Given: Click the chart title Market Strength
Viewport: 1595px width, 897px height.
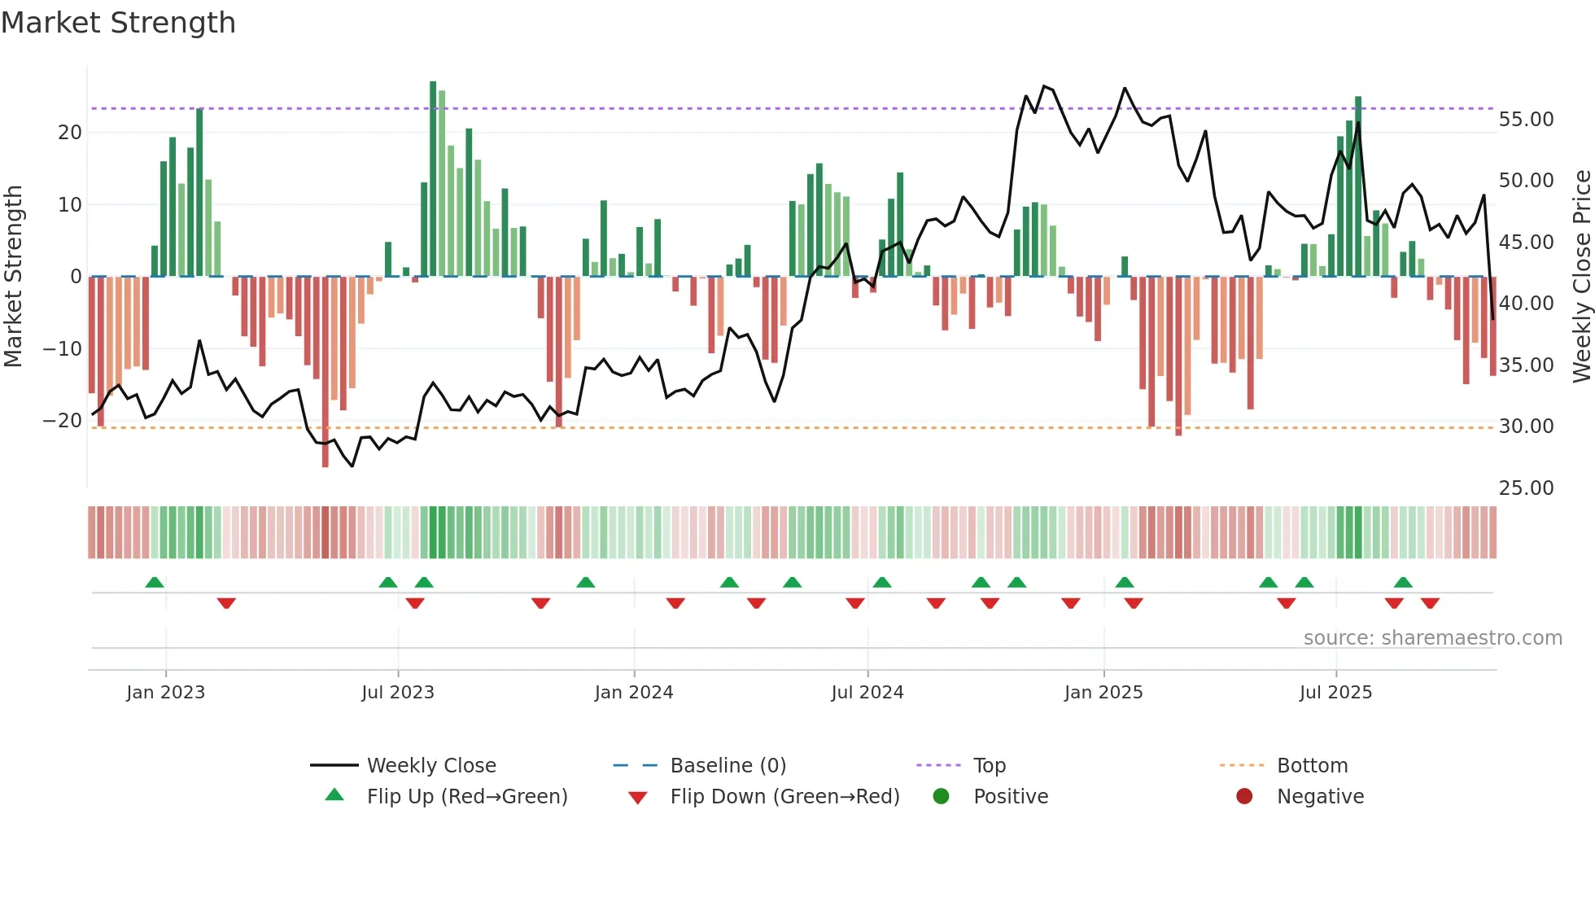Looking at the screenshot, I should pyautogui.click(x=118, y=23).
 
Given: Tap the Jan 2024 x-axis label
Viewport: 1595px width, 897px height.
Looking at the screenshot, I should pyautogui.click(x=634, y=693).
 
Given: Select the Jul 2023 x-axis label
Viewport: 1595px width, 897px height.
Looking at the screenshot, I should pyautogui.click(x=398, y=693).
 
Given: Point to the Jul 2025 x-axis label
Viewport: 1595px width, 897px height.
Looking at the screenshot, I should pyautogui.click(x=1335, y=693).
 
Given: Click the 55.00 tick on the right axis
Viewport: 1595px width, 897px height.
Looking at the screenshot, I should pyautogui.click(x=1526, y=120).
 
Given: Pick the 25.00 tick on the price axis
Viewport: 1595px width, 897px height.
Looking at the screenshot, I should pyautogui.click(x=1526, y=488).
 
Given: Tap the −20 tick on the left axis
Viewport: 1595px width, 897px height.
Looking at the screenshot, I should pyautogui.click(x=63, y=421).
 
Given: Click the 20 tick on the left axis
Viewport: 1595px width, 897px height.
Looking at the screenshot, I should pyautogui.click(x=70, y=133).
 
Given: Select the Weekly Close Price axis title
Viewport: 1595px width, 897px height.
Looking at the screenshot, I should pyautogui.click(x=1581, y=277).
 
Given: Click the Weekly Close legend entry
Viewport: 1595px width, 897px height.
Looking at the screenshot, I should pyautogui.click(x=431, y=766).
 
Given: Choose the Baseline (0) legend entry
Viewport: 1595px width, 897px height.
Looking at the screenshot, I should pyautogui.click(x=728, y=766).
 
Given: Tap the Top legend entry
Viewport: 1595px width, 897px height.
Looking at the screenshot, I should pyautogui.click(x=990, y=766).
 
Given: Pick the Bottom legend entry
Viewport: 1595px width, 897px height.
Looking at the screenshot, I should pyautogui.click(x=1312, y=766).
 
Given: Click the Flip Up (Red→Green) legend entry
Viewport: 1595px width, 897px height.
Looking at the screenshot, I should pyautogui.click(x=466, y=797).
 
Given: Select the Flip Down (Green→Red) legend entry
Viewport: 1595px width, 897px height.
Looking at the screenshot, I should pyautogui.click(x=784, y=797).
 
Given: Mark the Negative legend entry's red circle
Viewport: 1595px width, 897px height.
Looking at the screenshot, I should pyautogui.click(x=1244, y=797).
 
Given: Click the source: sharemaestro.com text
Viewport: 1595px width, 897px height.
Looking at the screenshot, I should pyautogui.click(x=1432, y=638).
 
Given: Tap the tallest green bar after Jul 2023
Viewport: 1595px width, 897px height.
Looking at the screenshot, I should pyautogui.click(x=433, y=179).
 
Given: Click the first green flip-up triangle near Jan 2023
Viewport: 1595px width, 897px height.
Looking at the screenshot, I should pyautogui.click(x=155, y=582).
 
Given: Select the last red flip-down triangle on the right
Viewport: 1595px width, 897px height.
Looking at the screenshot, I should pyautogui.click(x=1430, y=603).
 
